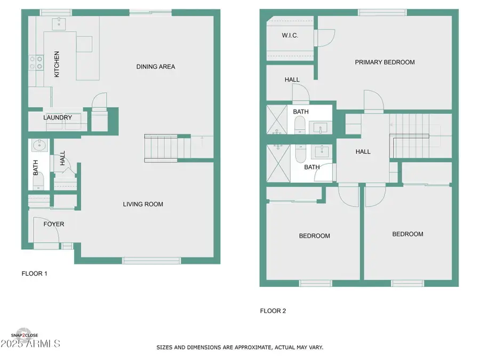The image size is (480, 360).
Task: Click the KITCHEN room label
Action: pos(57,65)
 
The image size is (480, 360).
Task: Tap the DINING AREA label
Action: pos(155,67)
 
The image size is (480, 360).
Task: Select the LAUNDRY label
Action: pos(58,117)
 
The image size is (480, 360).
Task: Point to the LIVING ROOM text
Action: pos(143,204)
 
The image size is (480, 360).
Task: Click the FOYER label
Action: pos(54,224)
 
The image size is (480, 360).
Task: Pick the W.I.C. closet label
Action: pos(290,36)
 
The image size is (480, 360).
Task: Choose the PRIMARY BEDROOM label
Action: pos(385,62)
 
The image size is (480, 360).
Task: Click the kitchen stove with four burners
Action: pos(36,63)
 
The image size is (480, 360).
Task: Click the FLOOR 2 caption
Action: pos(273,311)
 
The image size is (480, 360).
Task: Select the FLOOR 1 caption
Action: pos(34,274)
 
